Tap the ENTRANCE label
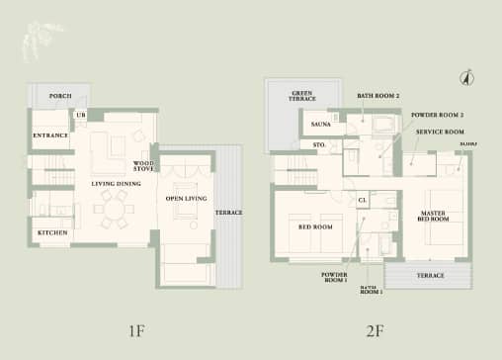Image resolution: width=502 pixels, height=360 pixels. [x=49, y=135]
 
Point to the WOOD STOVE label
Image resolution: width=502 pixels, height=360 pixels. [x=143, y=165]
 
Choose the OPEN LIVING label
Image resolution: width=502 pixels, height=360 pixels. [x=185, y=199]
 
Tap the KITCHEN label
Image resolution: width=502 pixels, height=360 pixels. [x=52, y=232]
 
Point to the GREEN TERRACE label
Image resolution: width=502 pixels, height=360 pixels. [x=302, y=98]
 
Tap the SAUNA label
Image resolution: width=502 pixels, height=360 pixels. [x=320, y=125]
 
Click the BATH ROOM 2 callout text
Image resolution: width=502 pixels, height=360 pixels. [x=377, y=95]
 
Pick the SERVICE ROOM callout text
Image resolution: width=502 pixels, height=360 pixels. [x=440, y=132]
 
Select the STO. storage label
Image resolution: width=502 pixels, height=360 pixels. [x=319, y=144]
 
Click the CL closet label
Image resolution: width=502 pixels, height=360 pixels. [x=363, y=200]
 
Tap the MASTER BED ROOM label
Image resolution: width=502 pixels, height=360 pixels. [x=433, y=217]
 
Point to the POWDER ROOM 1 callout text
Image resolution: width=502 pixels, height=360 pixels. [x=335, y=278]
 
